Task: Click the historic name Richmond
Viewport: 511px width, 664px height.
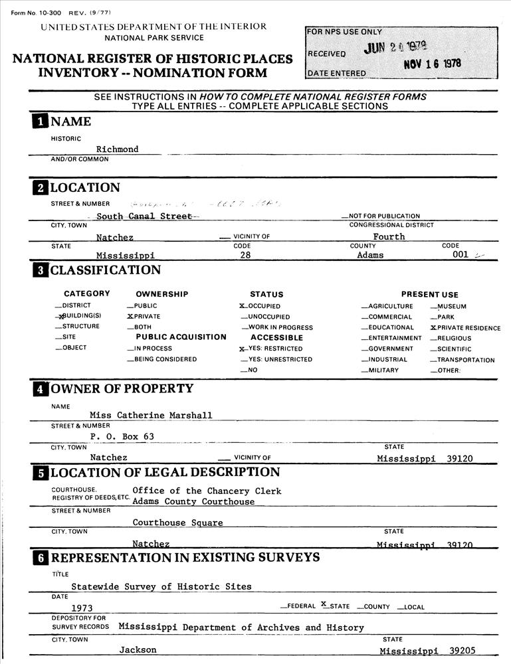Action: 117,149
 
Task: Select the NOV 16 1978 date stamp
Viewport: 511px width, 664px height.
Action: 433,64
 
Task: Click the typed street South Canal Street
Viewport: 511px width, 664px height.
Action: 144,216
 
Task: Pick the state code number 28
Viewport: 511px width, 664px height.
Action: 245,255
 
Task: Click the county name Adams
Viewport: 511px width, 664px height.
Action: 370,255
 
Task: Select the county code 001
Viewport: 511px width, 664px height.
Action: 460,254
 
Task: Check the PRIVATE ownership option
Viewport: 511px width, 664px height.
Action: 130,317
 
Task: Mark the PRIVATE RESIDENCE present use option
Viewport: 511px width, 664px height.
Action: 433,328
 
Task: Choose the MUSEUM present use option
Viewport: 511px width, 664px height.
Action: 433,307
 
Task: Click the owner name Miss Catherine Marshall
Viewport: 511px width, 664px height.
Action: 151,416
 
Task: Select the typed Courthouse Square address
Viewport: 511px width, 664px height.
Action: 177,523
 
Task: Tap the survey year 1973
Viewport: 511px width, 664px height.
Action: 82,608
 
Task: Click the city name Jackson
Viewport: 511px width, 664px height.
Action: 138,650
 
